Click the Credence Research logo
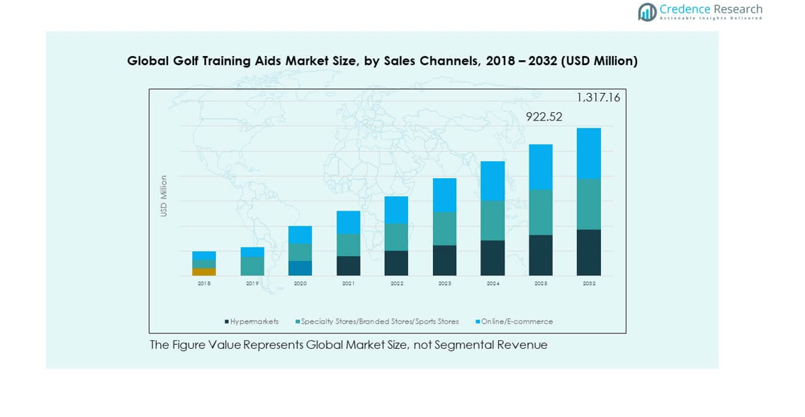pyautogui.click(x=700, y=11)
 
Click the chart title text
pyautogui.click(x=382, y=61)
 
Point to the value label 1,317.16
pyautogui.click(x=598, y=98)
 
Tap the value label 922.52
pyautogui.click(x=544, y=117)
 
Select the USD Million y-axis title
pyautogui.click(x=164, y=196)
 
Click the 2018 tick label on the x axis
pyautogui.click(x=204, y=284)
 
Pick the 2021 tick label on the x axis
pyautogui.click(x=348, y=284)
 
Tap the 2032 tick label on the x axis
pyautogui.click(x=589, y=284)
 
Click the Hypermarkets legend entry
pyautogui.click(x=252, y=322)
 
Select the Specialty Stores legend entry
pyautogui.click(x=377, y=322)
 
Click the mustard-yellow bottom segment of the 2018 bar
pyautogui.click(x=204, y=272)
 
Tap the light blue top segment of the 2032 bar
pyautogui.click(x=589, y=153)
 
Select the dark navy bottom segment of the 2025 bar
pyautogui.click(x=541, y=255)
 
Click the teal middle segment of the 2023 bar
pyautogui.click(x=444, y=228)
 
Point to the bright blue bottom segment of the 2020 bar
pyautogui.click(x=300, y=268)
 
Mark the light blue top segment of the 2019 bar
pyautogui.click(x=252, y=252)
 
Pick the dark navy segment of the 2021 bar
pyautogui.click(x=348, y=266)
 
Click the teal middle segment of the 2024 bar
pyautogui.click(x=492, y=221)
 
